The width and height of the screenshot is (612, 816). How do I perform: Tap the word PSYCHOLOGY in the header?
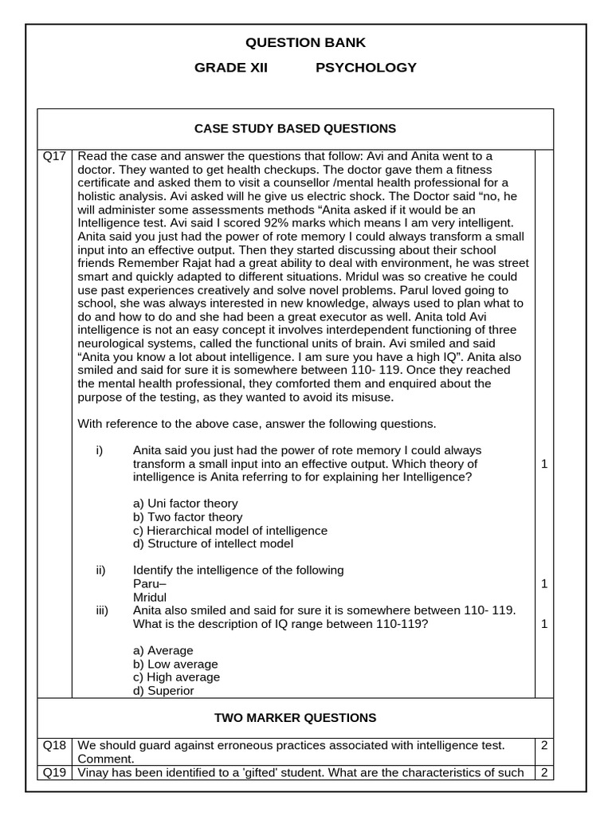366,68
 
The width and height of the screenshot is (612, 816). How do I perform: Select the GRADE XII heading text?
231,68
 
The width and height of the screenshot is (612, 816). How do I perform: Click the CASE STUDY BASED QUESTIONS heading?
295,128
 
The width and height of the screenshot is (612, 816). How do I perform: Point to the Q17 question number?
55,156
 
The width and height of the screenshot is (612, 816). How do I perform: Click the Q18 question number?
55,745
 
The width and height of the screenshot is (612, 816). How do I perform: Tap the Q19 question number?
55,772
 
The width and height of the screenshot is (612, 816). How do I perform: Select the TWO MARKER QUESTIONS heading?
295,718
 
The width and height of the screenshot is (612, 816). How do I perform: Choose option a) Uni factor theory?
185,504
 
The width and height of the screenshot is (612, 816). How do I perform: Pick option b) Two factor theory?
187,517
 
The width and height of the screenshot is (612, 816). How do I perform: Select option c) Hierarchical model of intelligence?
229,531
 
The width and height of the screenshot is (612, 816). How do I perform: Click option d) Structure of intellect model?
213,544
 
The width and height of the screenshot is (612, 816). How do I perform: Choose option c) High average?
176,677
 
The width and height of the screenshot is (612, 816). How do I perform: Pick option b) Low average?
175,664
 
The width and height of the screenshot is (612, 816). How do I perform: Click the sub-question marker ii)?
100,571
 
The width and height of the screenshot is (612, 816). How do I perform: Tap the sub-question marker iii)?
101,610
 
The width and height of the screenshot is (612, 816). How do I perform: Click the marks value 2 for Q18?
543,745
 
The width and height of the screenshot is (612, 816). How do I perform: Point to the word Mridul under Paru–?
150,597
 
